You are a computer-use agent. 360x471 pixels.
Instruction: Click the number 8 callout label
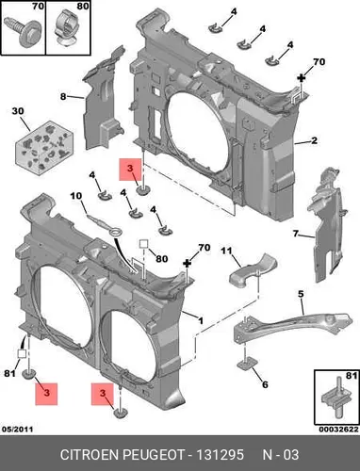coord(63,97)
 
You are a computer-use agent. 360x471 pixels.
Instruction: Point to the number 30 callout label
coord(18,111)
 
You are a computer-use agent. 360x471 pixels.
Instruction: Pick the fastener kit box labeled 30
coord(44,148)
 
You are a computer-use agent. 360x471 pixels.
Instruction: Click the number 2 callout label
coord(314,140)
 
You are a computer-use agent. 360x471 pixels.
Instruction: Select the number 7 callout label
coord(296,234)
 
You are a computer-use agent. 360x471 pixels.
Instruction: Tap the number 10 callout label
coord(75,196)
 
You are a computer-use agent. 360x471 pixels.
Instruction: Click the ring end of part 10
coord(118,234)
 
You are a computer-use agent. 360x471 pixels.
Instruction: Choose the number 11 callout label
coord(226,251)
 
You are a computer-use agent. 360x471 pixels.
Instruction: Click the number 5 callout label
coord(301,294)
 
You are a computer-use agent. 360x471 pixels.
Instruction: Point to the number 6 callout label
coord(265,384)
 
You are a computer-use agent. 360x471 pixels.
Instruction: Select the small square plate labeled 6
coord(247,363)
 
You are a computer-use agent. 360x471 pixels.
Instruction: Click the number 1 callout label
coord(201,320)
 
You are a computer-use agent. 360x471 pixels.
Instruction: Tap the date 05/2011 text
coord(18,430)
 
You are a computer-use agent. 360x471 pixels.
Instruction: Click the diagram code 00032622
coord(338,430)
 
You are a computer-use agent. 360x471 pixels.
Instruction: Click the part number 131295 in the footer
coord(220,455)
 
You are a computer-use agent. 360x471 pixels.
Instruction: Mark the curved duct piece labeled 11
coord(252,271)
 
